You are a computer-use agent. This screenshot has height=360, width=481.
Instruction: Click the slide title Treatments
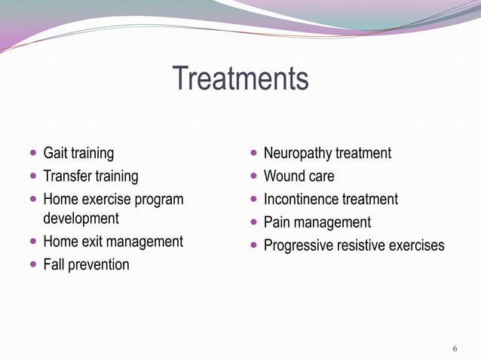point(240,79)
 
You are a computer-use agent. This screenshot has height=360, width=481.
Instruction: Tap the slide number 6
point(455,349)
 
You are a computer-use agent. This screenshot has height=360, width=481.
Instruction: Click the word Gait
point(55,154)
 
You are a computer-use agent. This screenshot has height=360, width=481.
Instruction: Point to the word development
point(81,219)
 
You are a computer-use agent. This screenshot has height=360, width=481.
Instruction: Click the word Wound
point(283,176)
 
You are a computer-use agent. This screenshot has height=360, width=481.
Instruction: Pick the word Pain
point(277,222)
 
